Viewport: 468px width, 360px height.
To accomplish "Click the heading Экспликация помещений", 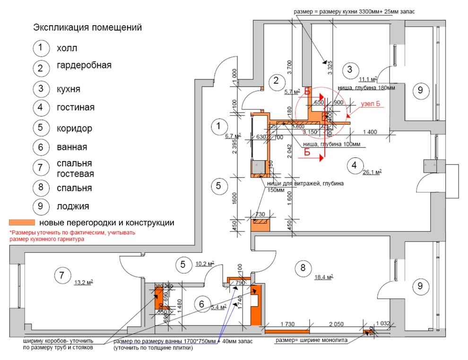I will (x=87, y=28).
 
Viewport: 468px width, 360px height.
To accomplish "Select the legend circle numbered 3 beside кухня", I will (x=41, y=89).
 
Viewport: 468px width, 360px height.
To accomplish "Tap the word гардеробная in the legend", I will (x=84, y=65).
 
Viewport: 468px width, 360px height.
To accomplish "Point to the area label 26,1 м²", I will (x=372, y=173).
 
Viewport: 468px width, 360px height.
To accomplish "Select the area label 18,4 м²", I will (x=324, y=277).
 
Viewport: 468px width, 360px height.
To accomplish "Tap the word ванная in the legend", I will (x=72, y=147).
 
